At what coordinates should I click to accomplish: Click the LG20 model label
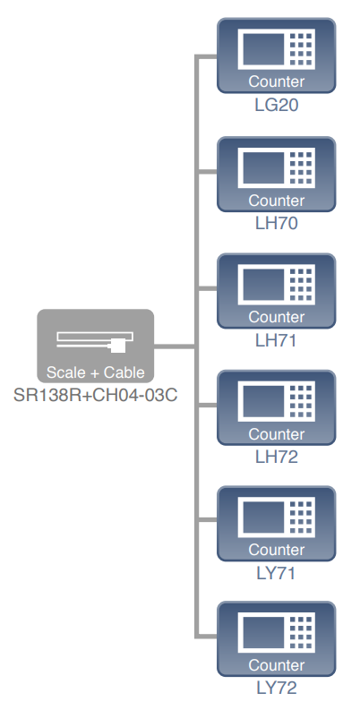276,106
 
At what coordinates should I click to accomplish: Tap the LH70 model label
276,223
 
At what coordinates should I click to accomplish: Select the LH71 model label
276,340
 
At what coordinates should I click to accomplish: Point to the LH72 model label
276,457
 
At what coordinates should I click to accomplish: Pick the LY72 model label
276,689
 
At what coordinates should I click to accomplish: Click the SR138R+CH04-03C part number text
96,394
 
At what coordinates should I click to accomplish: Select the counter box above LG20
276,56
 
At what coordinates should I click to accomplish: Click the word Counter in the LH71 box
276,317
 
